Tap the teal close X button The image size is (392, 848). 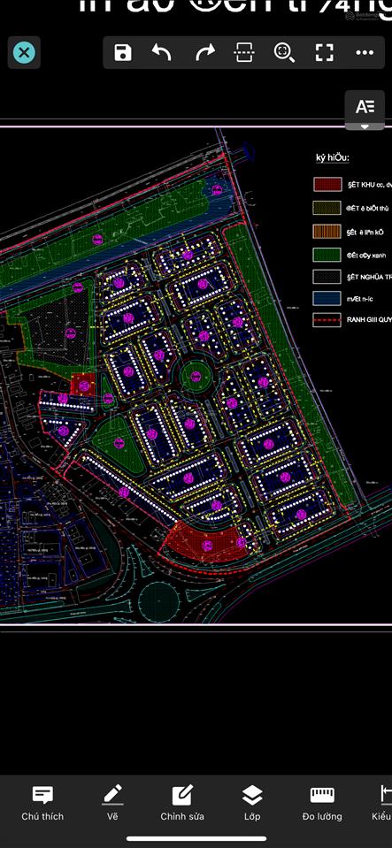tap(24, 53)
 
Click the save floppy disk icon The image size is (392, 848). tap(123, 53)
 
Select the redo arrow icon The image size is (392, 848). tap(204, 53)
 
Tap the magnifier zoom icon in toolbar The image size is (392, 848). tap(284, 53)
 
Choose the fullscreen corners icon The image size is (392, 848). tap(325, 53)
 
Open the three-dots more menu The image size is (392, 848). tap(365, 53)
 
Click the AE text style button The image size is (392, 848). tap(365, 107)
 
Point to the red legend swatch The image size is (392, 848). tap(327, 185)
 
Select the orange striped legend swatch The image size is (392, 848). tap(327, 232)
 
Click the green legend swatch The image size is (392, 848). tap(327, 254)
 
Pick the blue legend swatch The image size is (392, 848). tap(327, 299)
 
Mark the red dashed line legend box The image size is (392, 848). tap(327, 321)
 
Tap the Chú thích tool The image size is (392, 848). tap(42, 803)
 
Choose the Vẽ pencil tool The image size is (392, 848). tap(112, 803)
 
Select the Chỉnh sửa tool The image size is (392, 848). tap(182, 803)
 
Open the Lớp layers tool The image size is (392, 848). tap(252, 803)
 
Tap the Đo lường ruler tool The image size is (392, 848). tap(322, 803)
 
